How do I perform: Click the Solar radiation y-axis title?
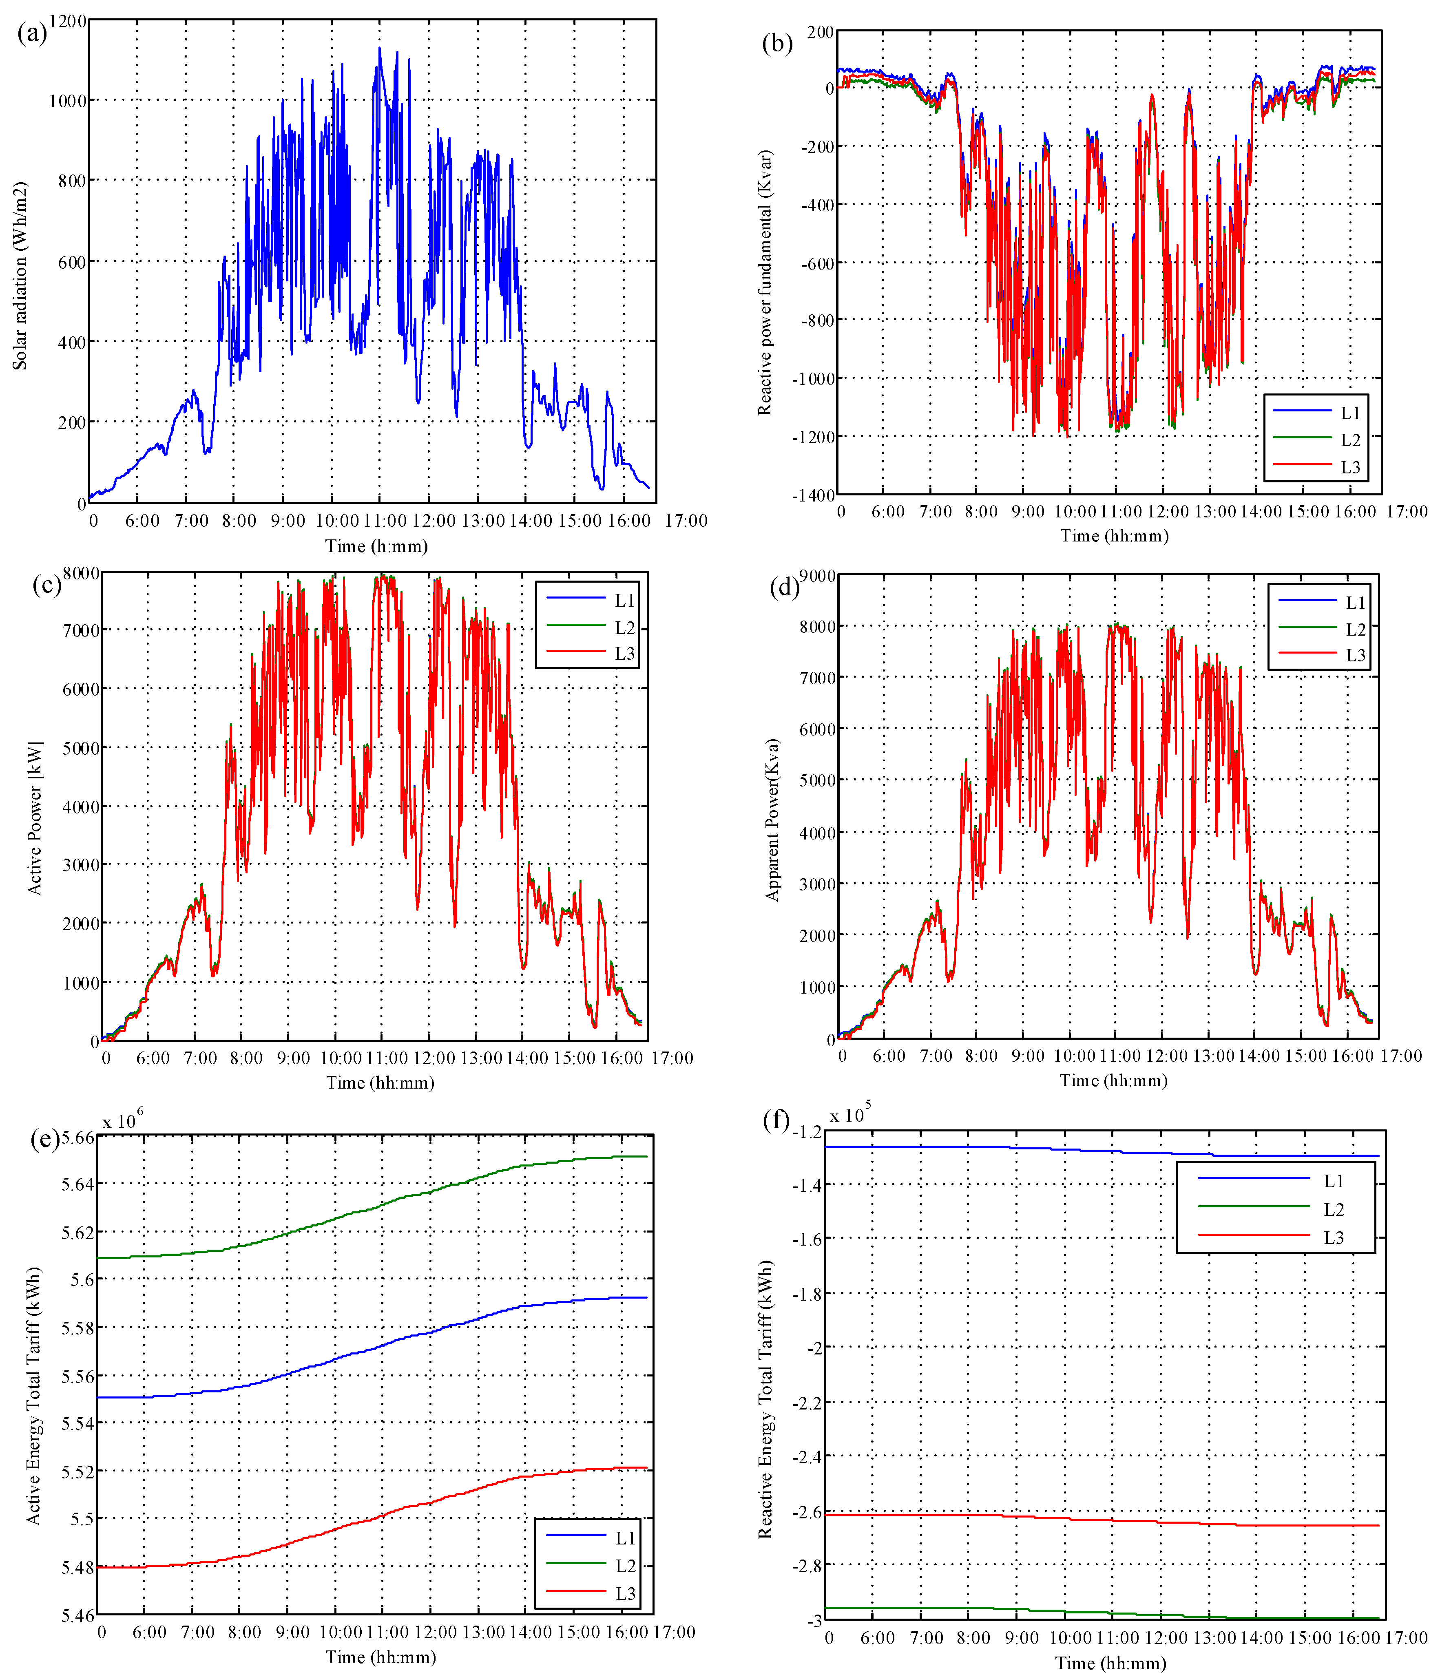20,276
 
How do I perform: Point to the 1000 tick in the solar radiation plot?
67,100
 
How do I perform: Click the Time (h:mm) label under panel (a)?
376,546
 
